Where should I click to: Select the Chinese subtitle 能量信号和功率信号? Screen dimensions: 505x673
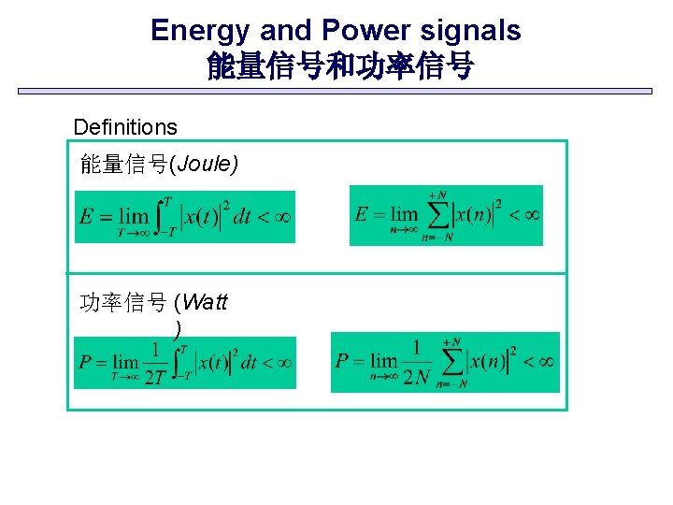tap(339, 66)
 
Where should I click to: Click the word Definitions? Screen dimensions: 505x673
tap(125, 126)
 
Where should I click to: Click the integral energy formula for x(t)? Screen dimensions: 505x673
tap(184, 217)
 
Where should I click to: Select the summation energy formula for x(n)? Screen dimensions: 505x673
tap(446, 215)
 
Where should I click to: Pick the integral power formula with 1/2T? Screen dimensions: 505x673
tap(184, 363)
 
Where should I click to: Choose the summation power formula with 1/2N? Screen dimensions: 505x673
tap(445, 362)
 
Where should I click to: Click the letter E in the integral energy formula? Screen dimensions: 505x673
tap(87, 217)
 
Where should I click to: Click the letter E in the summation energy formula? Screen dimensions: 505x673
tap(362, 214)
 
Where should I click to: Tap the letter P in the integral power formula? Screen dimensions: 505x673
tap(86, 361)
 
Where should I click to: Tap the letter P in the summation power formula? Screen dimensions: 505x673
tap(343, 360)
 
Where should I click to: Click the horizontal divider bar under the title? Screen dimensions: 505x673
tap(336, 92)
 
